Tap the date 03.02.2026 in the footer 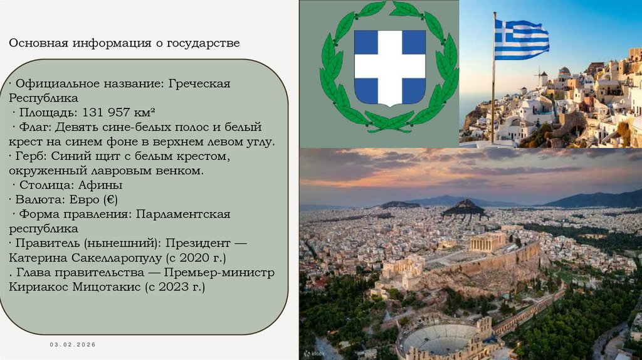coord(73,346)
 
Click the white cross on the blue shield coord(389,67)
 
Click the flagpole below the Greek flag coord(493,100)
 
